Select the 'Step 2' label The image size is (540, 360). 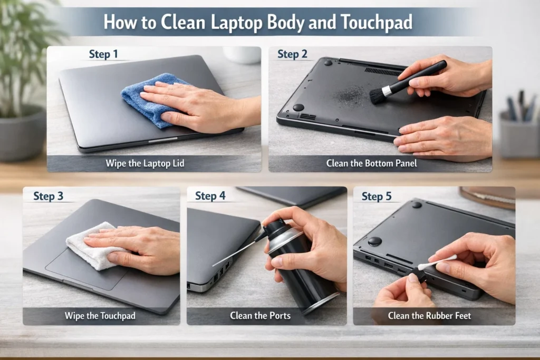pos(292,54)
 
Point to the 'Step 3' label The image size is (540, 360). pos(48,196)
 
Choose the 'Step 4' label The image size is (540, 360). pos(210,196)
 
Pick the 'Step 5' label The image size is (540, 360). pos(377,196)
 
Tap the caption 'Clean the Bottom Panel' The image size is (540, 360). pos(371,163)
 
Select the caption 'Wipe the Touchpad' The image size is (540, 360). pos(100,316)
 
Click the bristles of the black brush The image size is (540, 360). pos(378,95)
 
